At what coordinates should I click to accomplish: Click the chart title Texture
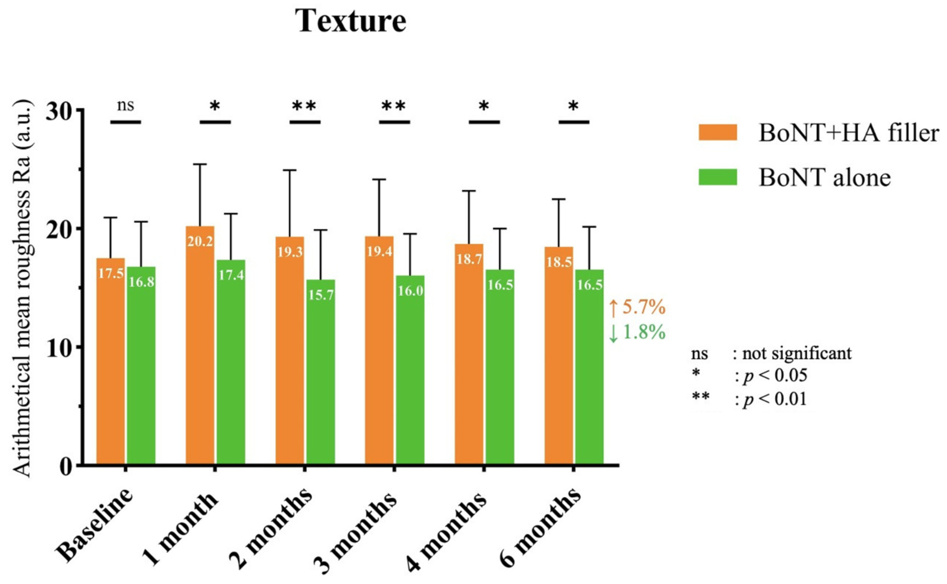point(350,21)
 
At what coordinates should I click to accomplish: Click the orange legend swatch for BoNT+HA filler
point(717,133)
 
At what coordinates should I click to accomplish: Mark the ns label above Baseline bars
point(126,105)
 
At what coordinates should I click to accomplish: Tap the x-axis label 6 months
point(540,533)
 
